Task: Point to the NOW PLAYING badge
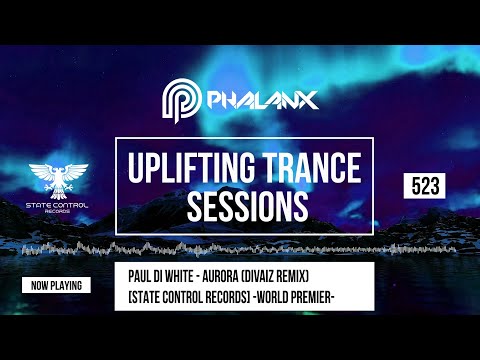click(55, 285)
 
